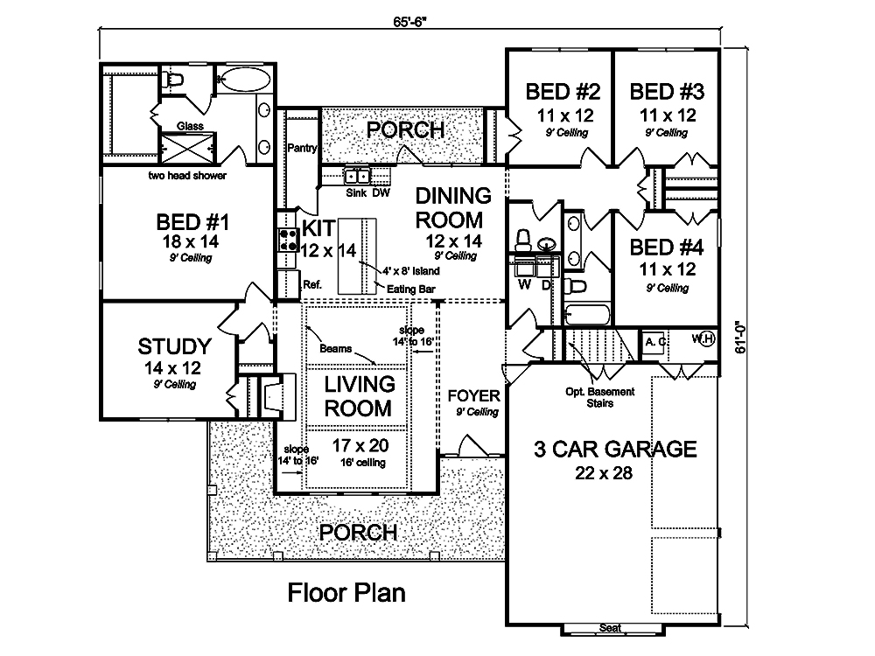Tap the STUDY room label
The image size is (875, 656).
click(174, 345)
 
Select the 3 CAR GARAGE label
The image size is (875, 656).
click(616, 450)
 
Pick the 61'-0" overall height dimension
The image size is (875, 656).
click(742, 336)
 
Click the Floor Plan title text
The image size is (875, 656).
click(347, 594)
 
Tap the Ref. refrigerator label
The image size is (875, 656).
click(312, 283)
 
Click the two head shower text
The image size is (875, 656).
click(187, 176)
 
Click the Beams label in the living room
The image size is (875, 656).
click(336, 348)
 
